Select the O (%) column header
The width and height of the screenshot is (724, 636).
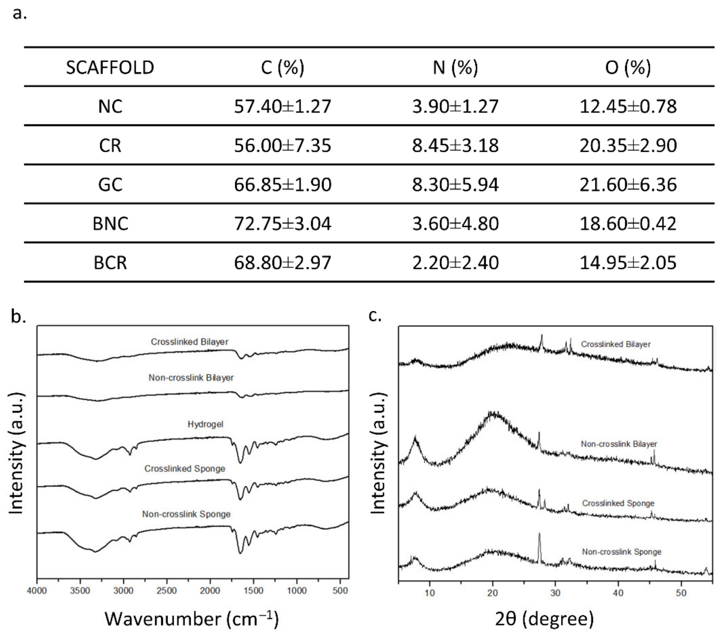pos(628,67)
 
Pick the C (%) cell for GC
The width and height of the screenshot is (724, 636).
pos(282,185)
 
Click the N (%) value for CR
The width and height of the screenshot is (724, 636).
pos(455,146)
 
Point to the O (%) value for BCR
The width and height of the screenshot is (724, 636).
pos(628,263)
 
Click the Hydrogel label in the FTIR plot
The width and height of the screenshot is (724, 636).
pos(206,424)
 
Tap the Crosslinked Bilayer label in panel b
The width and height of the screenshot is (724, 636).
pos(190,342)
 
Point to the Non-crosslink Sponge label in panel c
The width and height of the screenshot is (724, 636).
pos(622,552)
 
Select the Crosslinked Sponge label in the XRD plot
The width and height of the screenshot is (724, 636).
pos(618,503)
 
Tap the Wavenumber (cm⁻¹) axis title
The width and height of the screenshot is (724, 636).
pos(192,619)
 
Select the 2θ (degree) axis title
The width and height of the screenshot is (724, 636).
pos(544,619)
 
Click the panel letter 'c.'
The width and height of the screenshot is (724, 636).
pos(375,316)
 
